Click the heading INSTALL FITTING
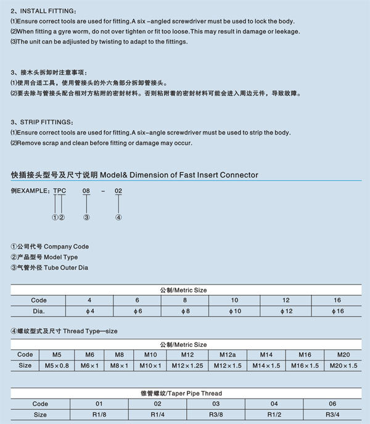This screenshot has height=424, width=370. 44,12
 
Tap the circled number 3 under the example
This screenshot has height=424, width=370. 86,217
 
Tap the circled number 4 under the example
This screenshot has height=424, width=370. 118,217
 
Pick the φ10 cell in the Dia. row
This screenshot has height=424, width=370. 234,310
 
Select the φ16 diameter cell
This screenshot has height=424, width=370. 337,310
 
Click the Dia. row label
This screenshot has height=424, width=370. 39,310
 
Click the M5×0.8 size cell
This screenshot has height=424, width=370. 57,365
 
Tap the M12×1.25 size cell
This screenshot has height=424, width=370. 187,365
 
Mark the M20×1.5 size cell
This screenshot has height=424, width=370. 343,365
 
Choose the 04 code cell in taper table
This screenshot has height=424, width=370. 274,404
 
